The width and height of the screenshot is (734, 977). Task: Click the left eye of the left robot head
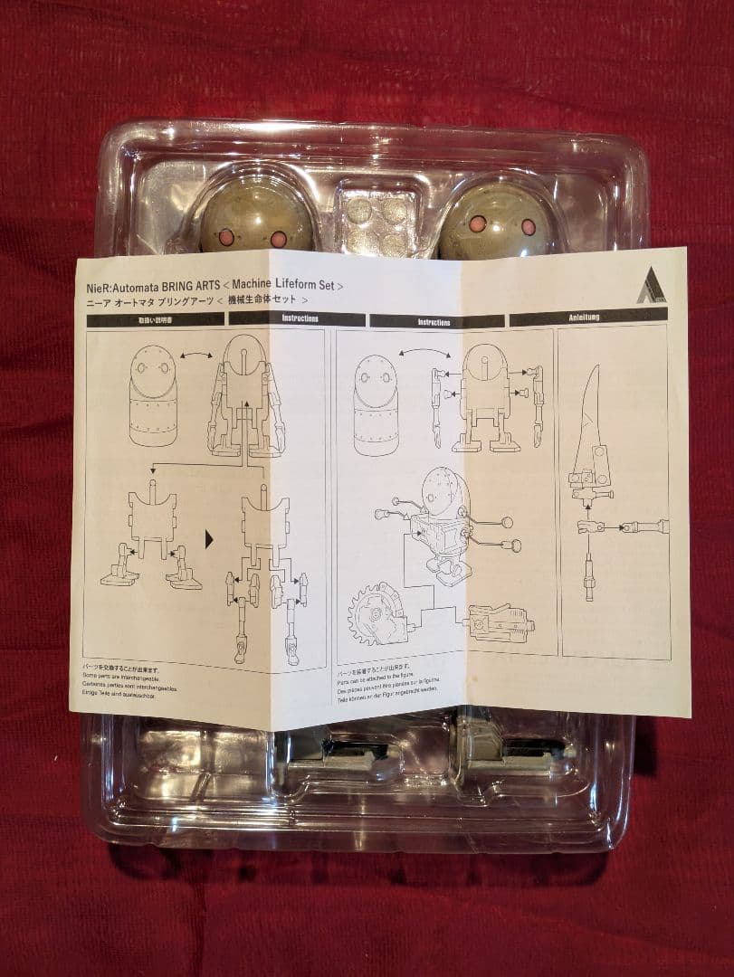(x=227, y=238)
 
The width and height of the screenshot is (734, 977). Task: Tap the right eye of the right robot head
(x=528, y=227)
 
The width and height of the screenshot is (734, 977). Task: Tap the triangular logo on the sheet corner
(x=651, y=289)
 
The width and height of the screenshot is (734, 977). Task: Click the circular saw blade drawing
(x=376, y=612)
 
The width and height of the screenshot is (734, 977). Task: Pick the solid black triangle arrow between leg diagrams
(x=210, y=539)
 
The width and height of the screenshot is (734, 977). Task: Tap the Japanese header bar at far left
(x=154, y=318)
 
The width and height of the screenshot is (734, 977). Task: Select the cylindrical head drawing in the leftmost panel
(x=153, y=395)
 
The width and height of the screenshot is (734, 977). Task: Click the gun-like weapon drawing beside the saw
(x=498, y=623)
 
